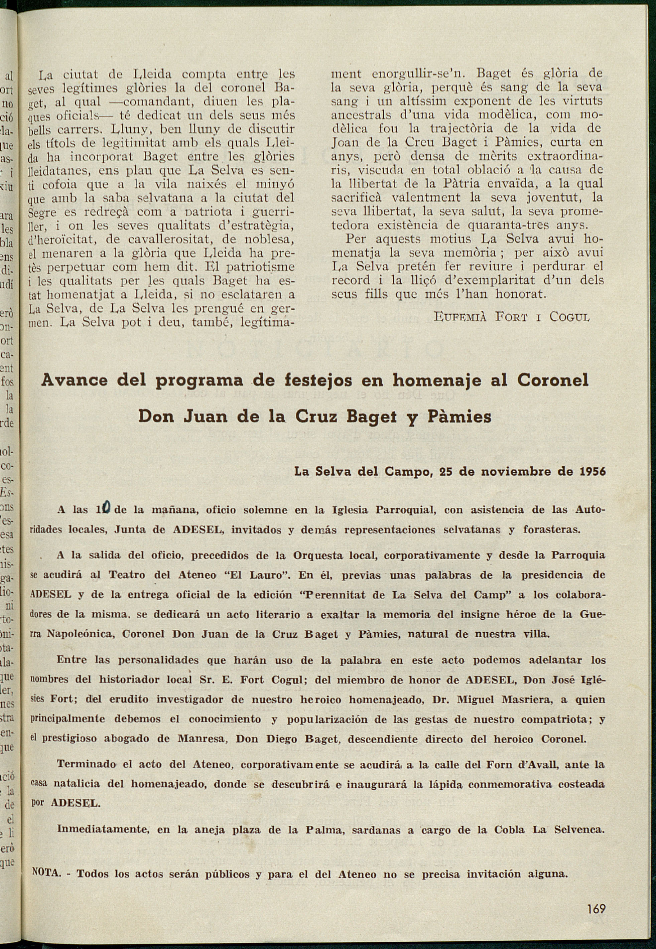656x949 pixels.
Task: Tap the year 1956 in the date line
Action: pos(592,471)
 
